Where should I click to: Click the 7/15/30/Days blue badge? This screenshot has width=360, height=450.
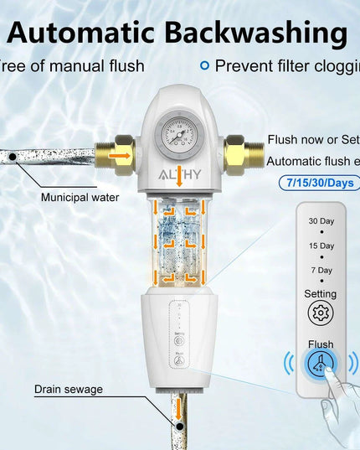316,183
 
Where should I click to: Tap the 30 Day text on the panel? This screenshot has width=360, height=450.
321,220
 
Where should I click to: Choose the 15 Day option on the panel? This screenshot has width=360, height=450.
321,246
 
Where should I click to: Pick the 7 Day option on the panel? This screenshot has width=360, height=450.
321,271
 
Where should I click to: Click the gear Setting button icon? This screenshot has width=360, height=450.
321,314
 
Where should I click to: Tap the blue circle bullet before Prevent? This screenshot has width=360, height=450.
203,65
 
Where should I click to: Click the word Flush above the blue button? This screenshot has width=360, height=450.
321,344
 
